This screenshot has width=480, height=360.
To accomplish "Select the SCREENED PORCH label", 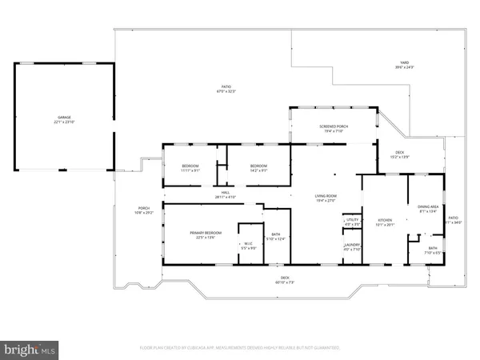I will (331, 126).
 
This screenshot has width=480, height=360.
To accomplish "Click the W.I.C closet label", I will (248, 243).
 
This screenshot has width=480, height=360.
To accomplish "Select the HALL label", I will (226, 192).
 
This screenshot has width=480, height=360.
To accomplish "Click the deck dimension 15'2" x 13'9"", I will (399, 157).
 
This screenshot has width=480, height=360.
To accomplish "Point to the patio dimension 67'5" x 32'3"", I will (226, 92).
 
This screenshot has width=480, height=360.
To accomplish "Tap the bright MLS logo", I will (30, 350).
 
